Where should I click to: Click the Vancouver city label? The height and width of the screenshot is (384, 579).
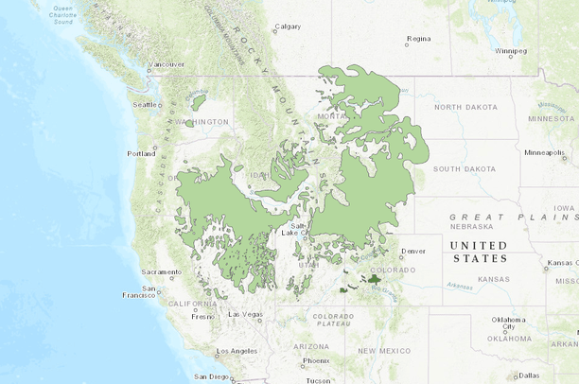(167, 64)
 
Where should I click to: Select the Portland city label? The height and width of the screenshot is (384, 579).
(141, 153)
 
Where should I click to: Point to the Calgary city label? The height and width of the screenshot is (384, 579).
(288, 26)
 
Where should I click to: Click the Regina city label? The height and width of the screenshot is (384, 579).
(418, 40)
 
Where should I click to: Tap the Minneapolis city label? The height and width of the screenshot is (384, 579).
(544, 152)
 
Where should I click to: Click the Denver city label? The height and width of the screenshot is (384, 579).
(413, 252)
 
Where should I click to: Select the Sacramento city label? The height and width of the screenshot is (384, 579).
(161, 271)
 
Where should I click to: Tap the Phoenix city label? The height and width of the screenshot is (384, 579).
(316, 360)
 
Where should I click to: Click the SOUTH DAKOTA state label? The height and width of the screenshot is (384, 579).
(465, 169)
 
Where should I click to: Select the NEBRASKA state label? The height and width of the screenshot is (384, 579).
(474, 227)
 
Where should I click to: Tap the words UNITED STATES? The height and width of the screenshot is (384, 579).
(480, 252)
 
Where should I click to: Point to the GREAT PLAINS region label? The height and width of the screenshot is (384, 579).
(510, 217)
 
